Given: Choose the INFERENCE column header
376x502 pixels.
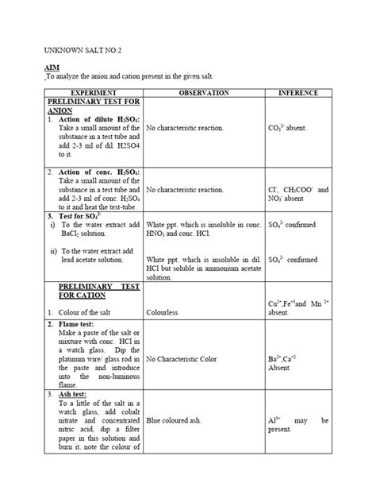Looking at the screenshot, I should (x=298, y=94).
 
